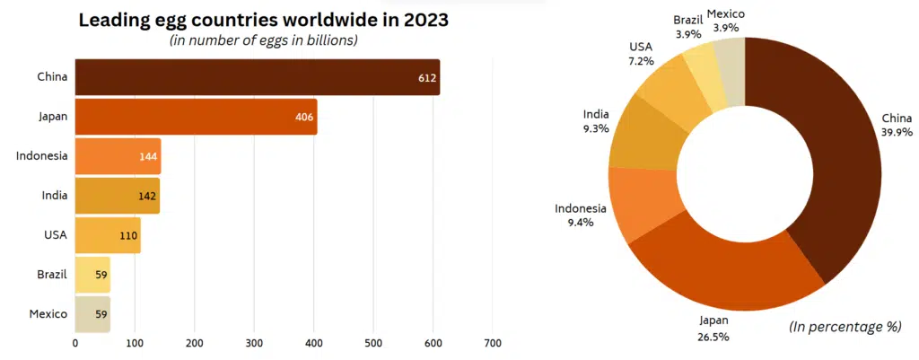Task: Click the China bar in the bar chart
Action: point(257,77)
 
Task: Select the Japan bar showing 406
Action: point(196,117)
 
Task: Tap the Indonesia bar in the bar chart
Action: point(118,156)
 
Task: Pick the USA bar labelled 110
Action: point(107,235)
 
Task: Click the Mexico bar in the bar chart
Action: point(92,314)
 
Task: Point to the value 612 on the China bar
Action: point(427,78)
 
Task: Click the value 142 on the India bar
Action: point(147,196)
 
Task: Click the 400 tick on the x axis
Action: point(314,343)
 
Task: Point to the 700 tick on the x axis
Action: point(492,343)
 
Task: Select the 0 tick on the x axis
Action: point(75,343)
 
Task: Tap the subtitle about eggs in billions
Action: point(264,40)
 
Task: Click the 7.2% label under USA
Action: point(641,61)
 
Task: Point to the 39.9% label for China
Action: point(897,132)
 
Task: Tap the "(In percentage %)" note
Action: point(845,327)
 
